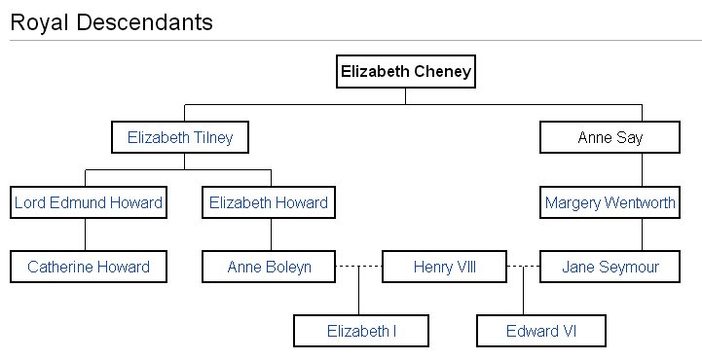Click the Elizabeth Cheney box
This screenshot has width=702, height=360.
click(x=406, y=71)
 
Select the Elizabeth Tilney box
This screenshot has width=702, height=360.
click(x=180, y=137)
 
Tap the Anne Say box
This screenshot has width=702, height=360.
click(x=610, y=137)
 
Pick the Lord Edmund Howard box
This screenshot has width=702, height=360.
click(x=88, y=203)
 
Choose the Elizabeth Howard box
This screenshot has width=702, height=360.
click(x=269, y=203)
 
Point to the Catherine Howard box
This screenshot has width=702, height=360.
click(x=88, y=267)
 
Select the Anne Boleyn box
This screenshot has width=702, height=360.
click(x=269, y=267)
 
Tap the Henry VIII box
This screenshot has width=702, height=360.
click(x=444, y=267)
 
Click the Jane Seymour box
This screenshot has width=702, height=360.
click(x=610, y=267)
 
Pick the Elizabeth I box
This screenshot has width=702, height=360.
click(x=361, y=331)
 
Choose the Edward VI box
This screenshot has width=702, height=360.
click(x=541, y=331)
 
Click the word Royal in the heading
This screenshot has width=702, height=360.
click(x=38, y=22)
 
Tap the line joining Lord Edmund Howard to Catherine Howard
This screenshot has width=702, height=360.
click(x=86, y=234)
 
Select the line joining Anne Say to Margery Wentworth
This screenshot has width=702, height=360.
click(x=642, y=170)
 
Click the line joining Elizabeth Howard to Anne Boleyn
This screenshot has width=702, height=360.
click(x=271, y=234)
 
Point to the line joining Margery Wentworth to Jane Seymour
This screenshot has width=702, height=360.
click(x=642, y=234)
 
